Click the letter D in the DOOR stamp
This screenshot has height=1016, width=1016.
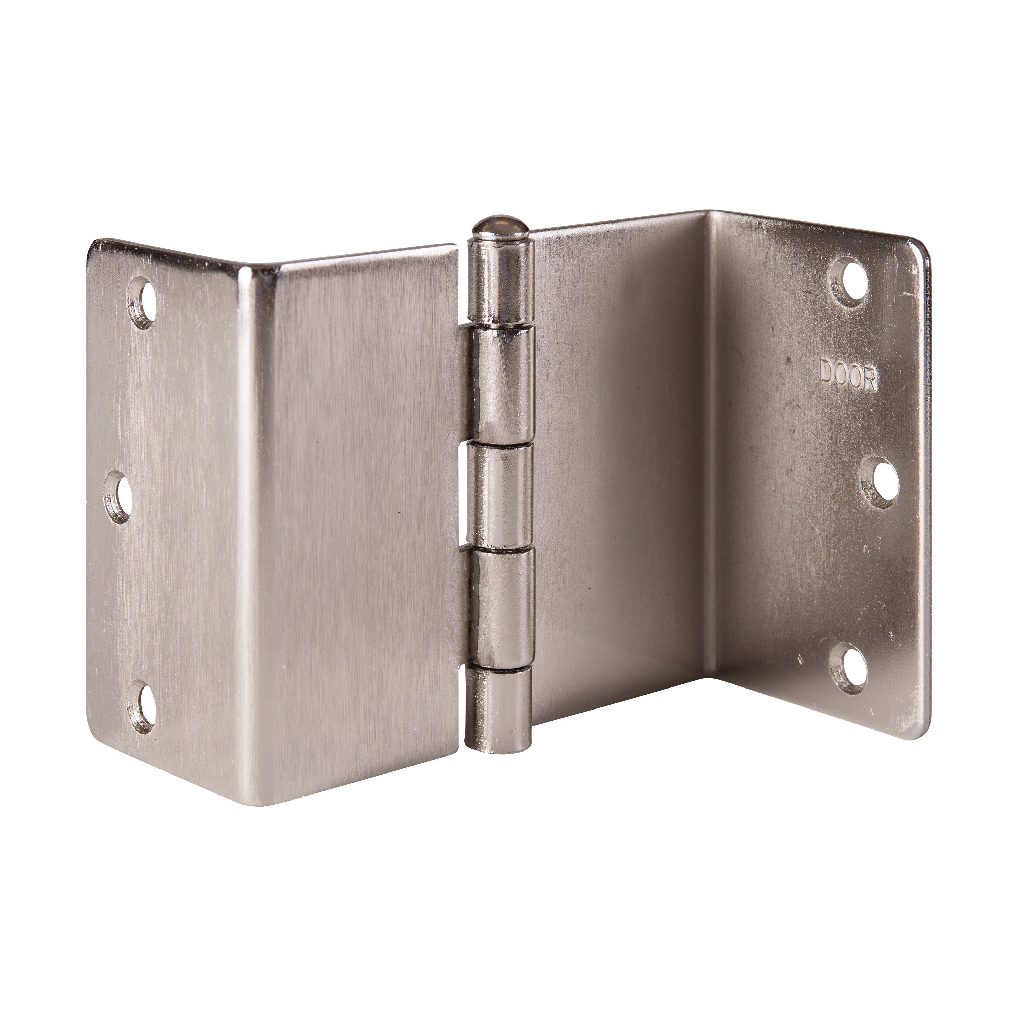(828, 373)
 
